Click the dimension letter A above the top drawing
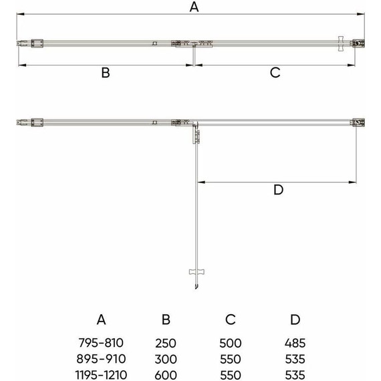point(194,7)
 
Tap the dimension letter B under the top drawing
point(106,73)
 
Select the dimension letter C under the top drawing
point(275,73)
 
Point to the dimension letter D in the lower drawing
point(279,190)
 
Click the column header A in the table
point(101,320)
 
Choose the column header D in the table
point(295,320)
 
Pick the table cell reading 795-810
point(101,343)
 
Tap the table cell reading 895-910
point(101,359)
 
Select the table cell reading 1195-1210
point(101,375)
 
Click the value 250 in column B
point(166,343)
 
